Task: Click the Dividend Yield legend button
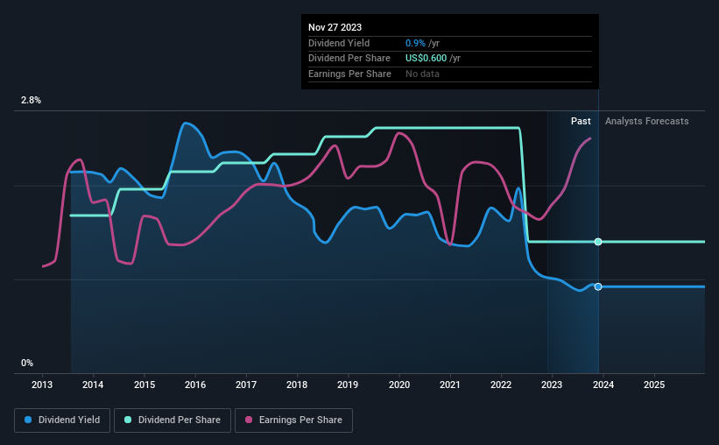click(62, 420)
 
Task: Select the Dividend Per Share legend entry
click(173, 420)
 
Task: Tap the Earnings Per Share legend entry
click(293, 420)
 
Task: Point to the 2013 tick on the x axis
click(42, 385)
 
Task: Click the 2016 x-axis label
click(195, 385)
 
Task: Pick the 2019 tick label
click(348, 385)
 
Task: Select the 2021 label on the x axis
click(450, 385)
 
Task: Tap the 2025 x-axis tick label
click(654, 385)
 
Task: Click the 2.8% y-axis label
click(31, 101)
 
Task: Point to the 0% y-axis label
click(27, 364)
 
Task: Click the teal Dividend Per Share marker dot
click(598, 242)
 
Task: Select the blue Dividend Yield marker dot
click(598, 286)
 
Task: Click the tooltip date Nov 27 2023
click(335, 27)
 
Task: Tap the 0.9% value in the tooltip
click(415, 43)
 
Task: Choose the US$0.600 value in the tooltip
click(426, 59)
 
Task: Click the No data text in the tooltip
click(422, 74)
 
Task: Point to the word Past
click(581, 121)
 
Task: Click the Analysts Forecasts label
click(646, 121)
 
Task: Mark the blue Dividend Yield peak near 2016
click(186, 123)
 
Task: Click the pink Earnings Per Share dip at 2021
click(450, 244)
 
